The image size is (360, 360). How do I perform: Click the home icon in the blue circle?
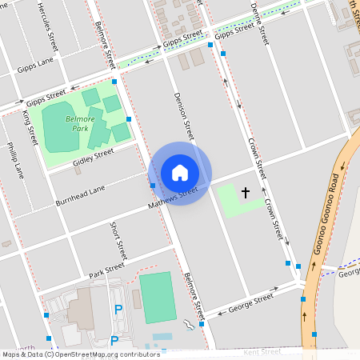pyautogui.click(x=180, y=172)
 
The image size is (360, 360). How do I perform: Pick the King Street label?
pyautogui.click(x=30, y=129)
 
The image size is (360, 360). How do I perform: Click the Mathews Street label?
pyautogui.click(x=172, y=199)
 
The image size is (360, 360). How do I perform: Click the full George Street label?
pyautogui.click(x=251, y=302)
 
